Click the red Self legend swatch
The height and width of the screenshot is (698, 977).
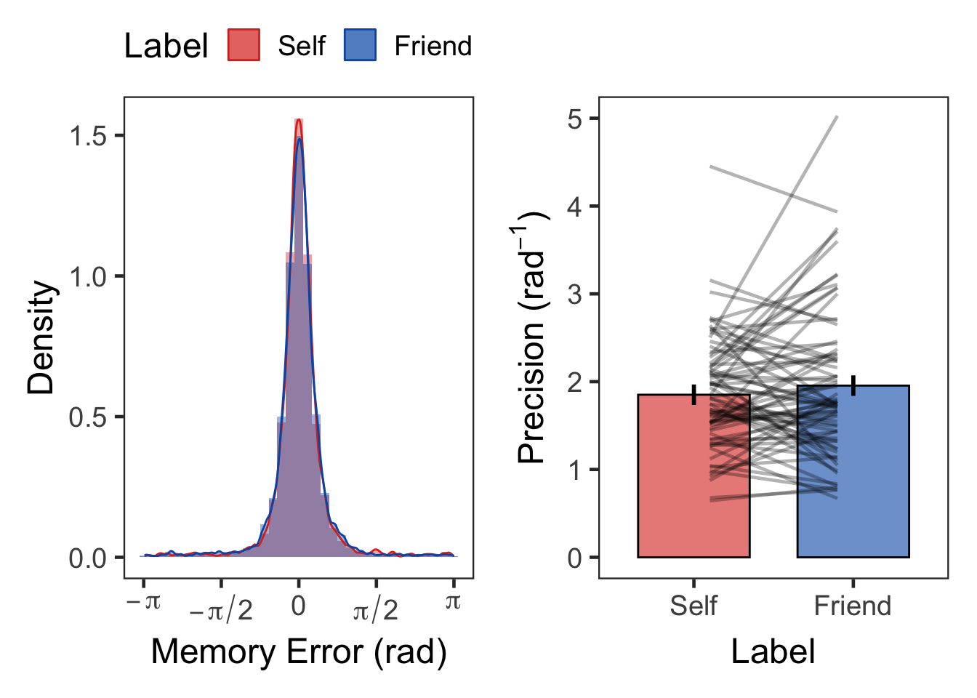tap(244, 45)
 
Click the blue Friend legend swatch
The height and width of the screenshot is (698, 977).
tap(360, 45)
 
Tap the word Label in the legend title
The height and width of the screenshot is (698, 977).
tap(166, 46)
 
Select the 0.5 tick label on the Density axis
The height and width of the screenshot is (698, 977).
tap(88, 417)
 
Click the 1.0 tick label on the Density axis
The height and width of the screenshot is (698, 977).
tap(88, 277)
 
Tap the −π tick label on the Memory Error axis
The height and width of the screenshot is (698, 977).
tap(143, 603)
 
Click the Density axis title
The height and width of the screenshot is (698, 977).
tap(41, 337)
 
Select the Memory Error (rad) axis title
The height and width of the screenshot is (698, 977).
tap(298, 651)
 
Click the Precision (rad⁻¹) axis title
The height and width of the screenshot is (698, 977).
tap(532, 337)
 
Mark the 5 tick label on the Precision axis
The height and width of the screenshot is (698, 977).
tap(575, 119)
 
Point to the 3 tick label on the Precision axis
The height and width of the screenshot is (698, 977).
tap(575, 294)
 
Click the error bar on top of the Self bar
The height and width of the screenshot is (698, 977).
tap(694, 394)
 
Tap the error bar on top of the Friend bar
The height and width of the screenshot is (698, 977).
tap(853, 385)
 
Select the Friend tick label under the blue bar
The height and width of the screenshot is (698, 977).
tap(853, 606)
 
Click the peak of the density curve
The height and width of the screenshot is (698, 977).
tap(298, 121)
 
